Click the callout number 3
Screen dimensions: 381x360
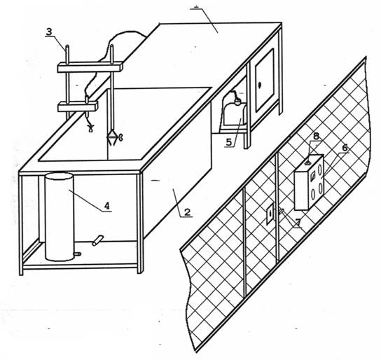(49, 32)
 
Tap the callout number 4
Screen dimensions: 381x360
(107, 206)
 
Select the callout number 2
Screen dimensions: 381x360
(187, 212)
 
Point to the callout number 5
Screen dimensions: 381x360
(229, 142)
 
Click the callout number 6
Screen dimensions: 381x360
(345, 148)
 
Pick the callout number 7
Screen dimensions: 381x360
(298, 222)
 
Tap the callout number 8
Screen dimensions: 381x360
(316, 136)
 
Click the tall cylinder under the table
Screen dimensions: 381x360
(59, 216)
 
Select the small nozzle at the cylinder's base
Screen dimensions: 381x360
(78, 254)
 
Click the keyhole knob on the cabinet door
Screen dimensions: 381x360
(260, 85)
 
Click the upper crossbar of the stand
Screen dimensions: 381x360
(90, 67)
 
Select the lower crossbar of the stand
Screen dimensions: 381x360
(78, 106)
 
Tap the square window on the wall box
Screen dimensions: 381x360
(313, 176)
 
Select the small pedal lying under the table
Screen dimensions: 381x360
(97, 240)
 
